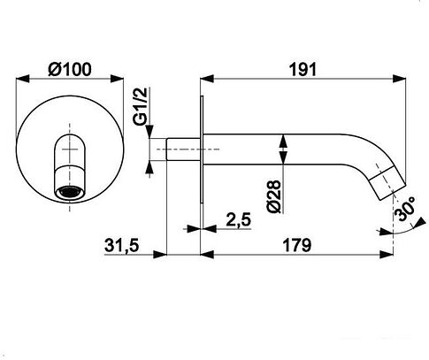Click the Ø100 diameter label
pyautogui.click(x=70, y=70)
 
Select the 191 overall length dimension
pyautogui.click(x=303, y=70)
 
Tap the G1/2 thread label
pyautogui.click(x=141, y=107)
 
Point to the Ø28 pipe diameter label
pyautogui.click(x=274, y=196)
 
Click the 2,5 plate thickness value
pyautogui.click(x=239, y=219)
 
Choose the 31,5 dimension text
pyautogui.click(x=121, y=245)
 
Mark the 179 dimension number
pyautogui.click(x=297, y=245)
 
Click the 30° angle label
pyautogui.click(x=405, y=209)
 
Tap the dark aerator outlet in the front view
pyautogui.click(x=70, y=193)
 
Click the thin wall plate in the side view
pyautogui.click(x=202, y=149)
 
